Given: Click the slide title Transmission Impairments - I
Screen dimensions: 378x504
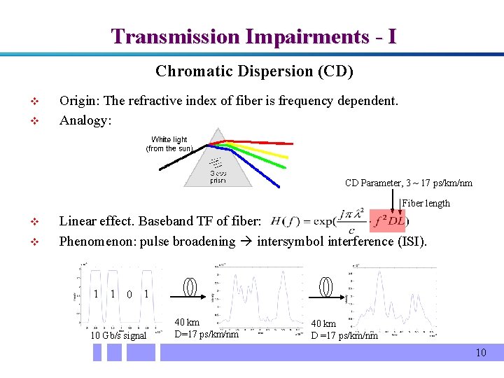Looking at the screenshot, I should (x=253, y=36).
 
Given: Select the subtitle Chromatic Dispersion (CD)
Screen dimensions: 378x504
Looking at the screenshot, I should (x=254, y=71).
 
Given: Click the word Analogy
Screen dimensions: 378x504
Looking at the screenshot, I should (x=85, y=120).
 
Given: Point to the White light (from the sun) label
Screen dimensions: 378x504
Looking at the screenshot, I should (x=169, y=144).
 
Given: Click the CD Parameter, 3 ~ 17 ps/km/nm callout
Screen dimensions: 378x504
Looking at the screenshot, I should (x=408, y=183).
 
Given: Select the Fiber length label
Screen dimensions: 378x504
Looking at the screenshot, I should (x=426, y=204).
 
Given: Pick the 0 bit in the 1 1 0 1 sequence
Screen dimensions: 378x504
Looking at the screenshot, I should (x=129, y=294).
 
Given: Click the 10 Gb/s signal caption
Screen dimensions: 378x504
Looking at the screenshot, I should (x=118, y=335).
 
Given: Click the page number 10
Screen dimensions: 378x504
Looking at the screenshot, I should (x=480, y=353).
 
